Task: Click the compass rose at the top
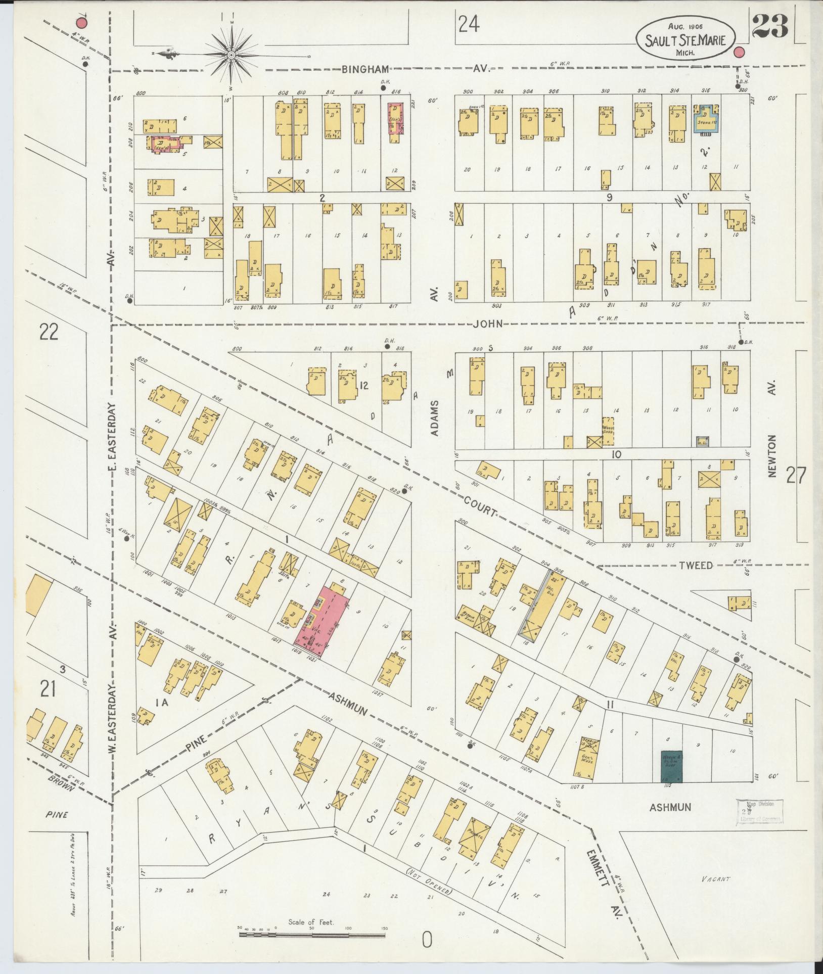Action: point(231,54)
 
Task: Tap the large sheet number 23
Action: point(770,26)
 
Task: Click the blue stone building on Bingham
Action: point(707,119)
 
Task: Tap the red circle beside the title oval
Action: point(739,52)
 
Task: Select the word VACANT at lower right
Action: point(715,879)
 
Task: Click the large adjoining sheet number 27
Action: point(796,475)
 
